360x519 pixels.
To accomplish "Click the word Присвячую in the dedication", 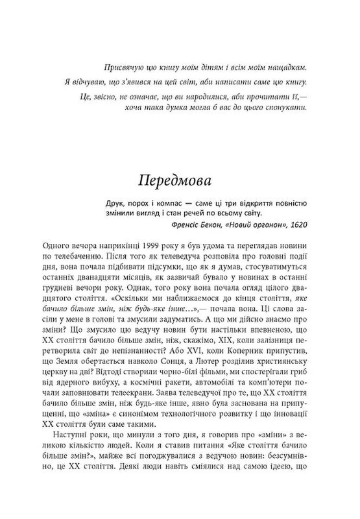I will (x=124, y=67).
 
